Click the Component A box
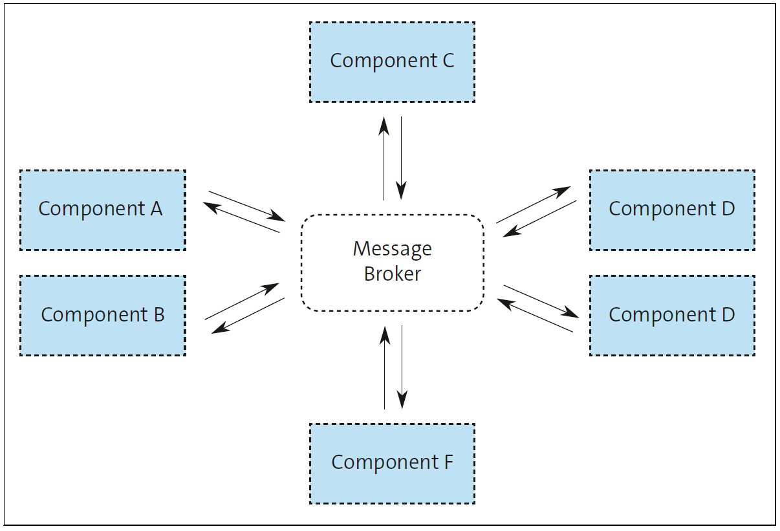(102, 210)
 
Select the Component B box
(102, 316)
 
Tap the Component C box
(392, 61)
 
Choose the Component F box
(392, 463)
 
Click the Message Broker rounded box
(392, 262)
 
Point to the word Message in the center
(392, 249)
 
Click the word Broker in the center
(392, 274)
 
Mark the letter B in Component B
(158, 315)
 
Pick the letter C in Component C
(447, 61)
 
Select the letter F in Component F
(448, 462)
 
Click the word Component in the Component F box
(385, 463)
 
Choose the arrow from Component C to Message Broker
(402, 158)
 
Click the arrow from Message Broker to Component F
(402, 367)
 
